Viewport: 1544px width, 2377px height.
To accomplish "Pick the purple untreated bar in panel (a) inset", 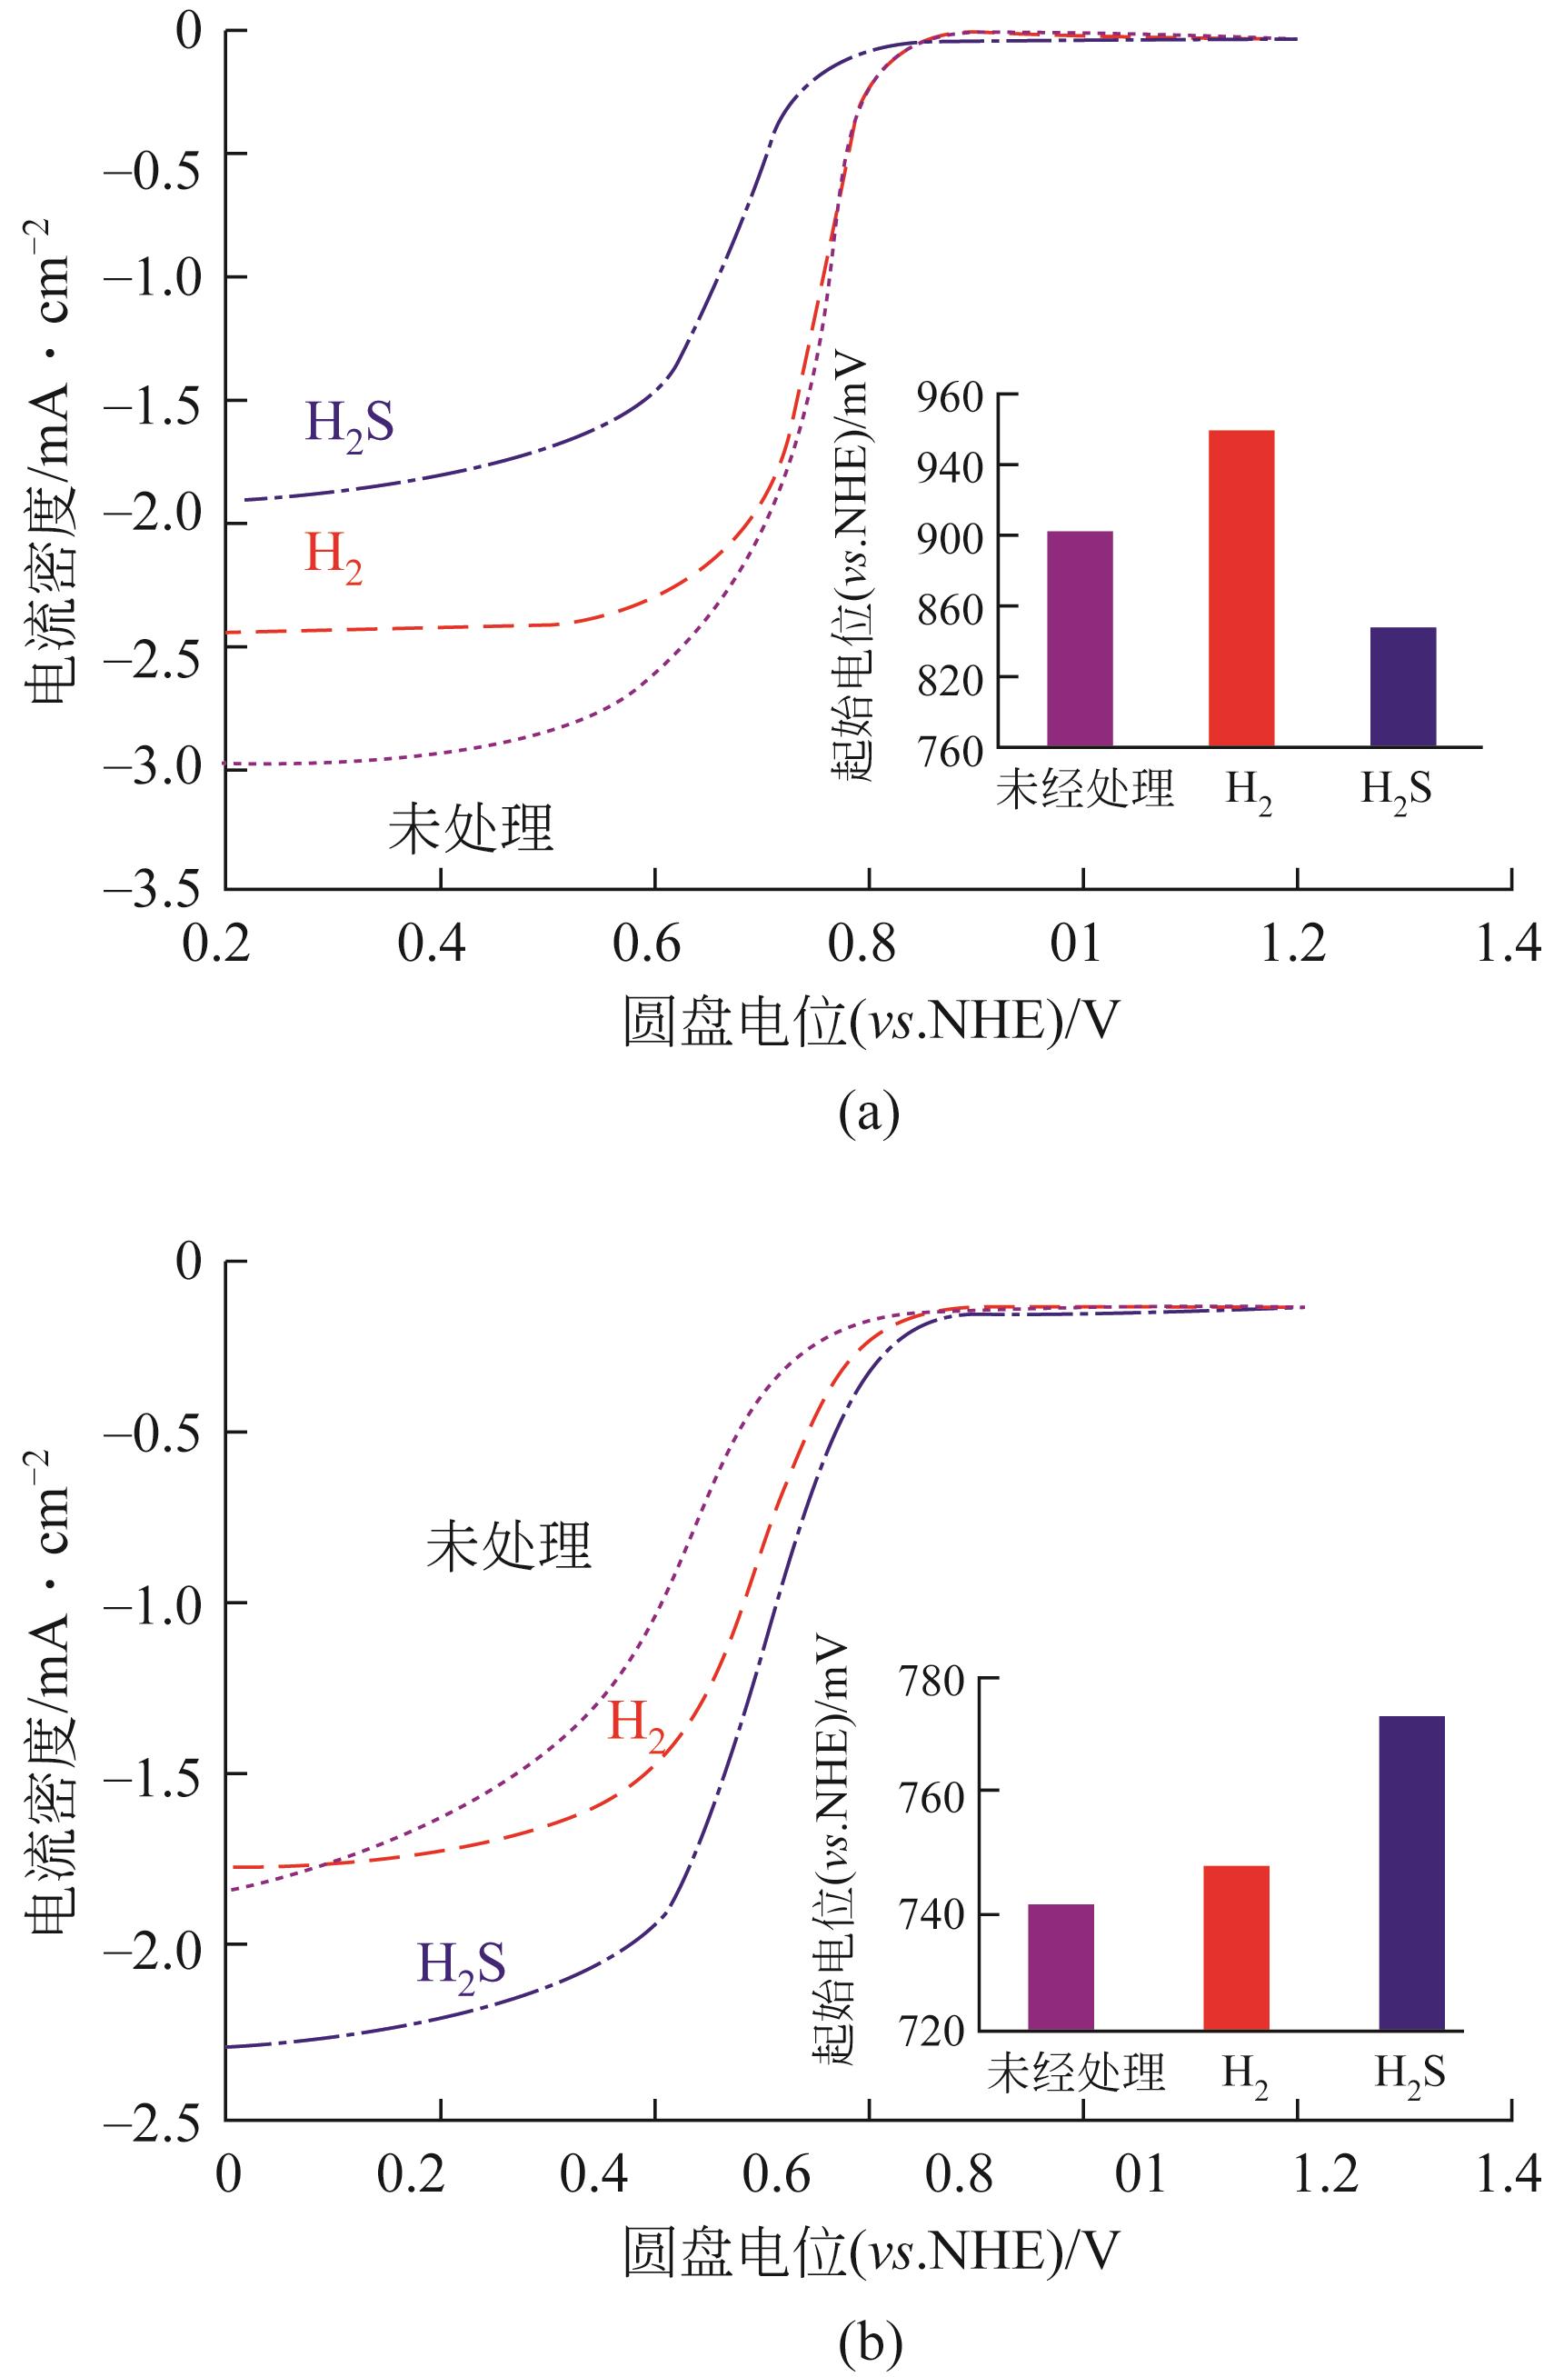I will (1080, 638).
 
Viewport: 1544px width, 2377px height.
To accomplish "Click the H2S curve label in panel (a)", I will (350, 423).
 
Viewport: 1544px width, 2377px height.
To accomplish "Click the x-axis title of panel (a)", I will (869, 1021).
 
